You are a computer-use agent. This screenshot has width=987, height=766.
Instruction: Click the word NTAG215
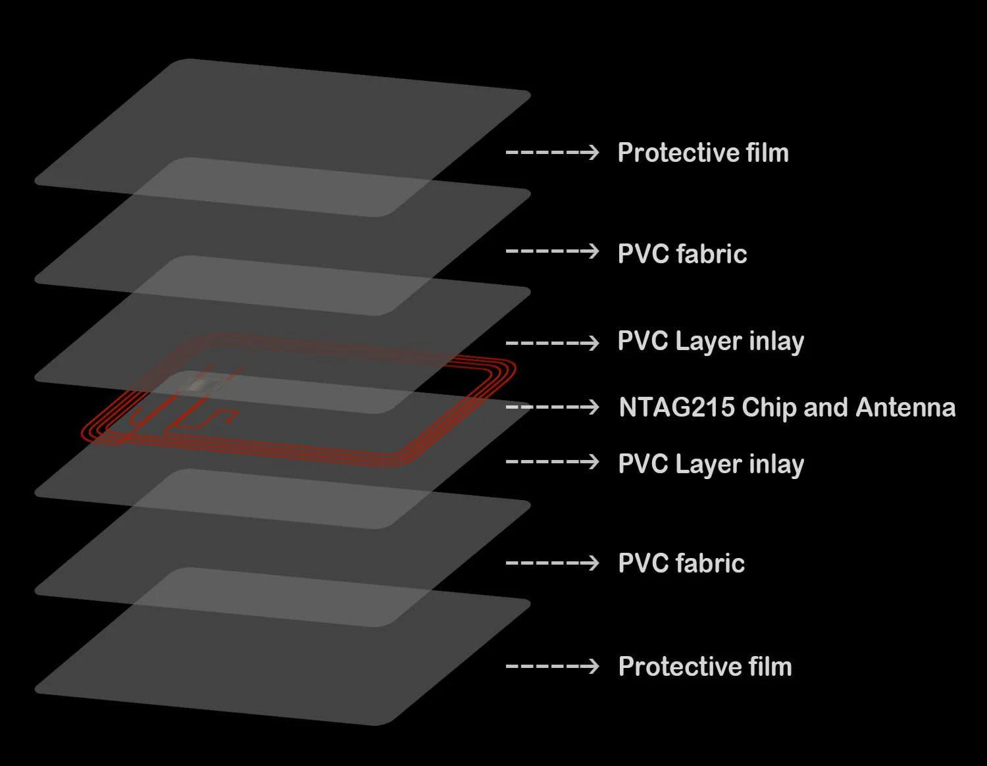click(676, 407)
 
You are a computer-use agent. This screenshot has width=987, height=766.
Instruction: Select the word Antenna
click(905, 407)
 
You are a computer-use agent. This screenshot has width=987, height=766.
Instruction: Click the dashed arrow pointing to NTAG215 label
click(552, 407)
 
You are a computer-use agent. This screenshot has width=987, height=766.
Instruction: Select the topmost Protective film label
click(703, 153)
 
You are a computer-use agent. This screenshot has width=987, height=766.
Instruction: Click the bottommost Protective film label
click(705, 667)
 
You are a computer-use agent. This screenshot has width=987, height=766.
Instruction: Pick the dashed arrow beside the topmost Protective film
click(552, 153)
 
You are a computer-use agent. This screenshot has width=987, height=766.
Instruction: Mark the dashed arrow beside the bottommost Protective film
click(552, 667)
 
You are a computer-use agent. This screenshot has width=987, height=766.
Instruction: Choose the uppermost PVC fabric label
click(682, 254)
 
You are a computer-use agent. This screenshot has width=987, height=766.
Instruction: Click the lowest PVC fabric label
click(681, 563)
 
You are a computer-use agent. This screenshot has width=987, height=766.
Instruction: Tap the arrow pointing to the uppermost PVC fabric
click(552, 251)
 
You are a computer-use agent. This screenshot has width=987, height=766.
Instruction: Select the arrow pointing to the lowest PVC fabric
click(552, 563)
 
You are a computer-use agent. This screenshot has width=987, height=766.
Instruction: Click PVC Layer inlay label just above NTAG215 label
click(711, 342)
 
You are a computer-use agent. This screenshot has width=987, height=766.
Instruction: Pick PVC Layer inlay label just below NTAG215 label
click(711, 465)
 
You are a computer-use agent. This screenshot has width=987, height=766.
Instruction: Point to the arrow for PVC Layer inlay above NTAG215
click(552, 342)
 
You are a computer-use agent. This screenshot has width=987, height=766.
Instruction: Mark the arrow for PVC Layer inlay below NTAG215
click(552, 462)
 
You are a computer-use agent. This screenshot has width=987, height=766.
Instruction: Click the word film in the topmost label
click(767, 153)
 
